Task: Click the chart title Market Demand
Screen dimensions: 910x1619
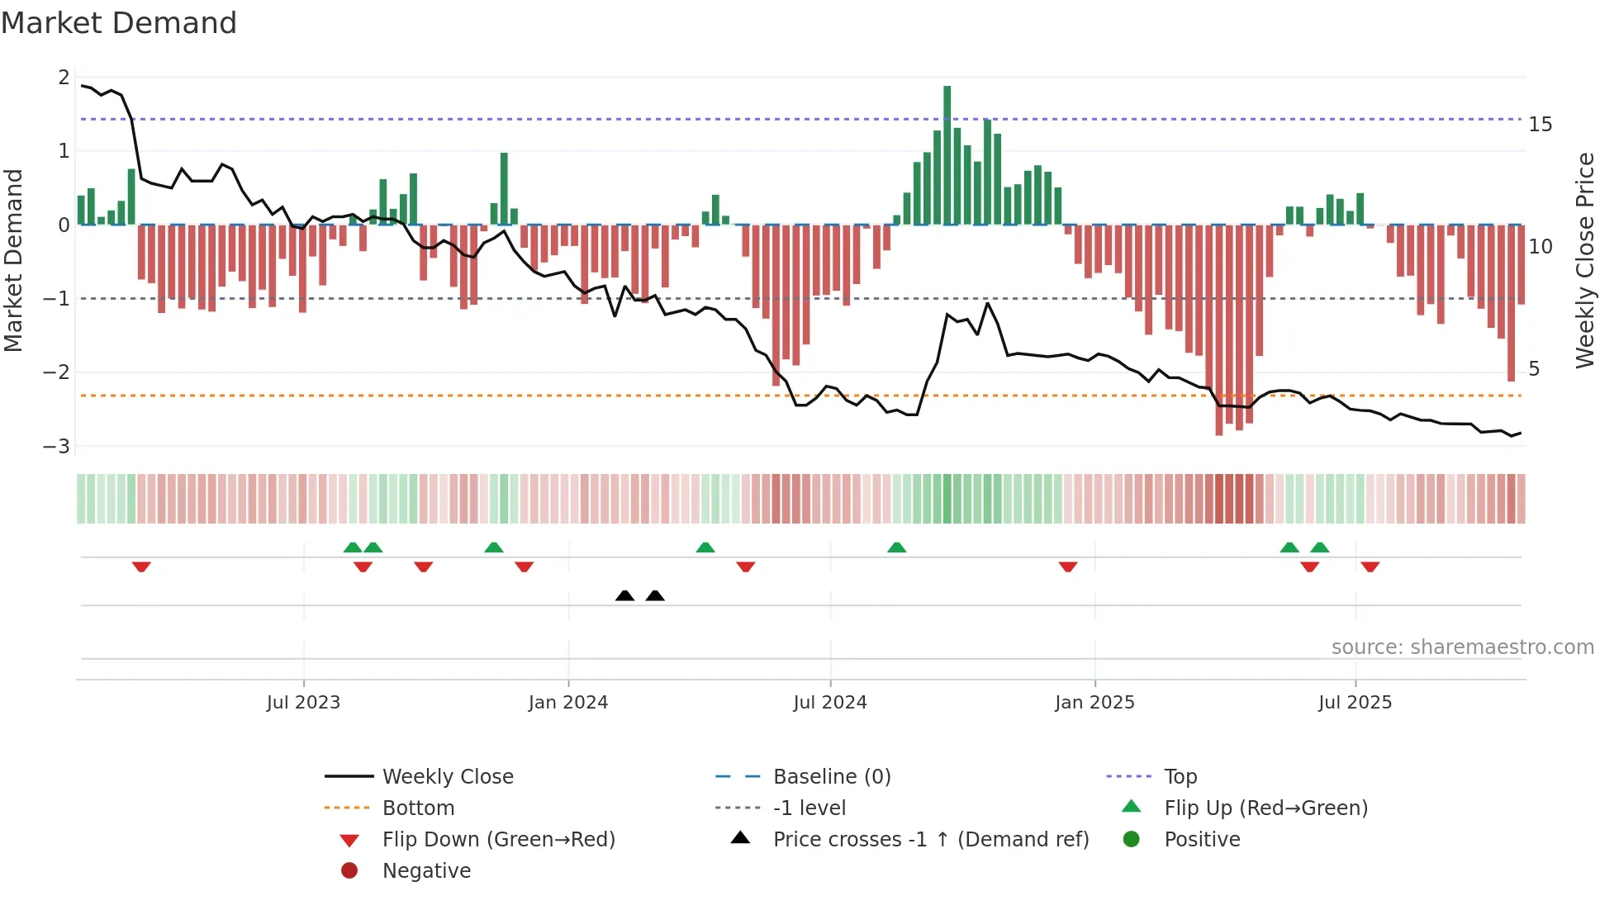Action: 119,23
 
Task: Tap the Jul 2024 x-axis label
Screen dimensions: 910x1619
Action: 829,702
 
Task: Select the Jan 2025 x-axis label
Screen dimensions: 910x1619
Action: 1094,702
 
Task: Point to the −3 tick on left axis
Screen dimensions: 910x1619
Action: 56,446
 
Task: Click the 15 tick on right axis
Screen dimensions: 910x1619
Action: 1540,125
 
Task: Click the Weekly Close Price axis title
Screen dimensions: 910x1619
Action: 1584,260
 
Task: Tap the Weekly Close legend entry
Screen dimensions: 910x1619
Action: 447,776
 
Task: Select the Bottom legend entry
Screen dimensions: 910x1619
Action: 418,808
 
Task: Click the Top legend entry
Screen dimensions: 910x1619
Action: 1180,776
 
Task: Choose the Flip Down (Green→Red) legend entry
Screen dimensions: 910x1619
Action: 498,839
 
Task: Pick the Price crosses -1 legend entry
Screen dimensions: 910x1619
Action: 930,839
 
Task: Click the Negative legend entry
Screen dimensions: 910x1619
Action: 426,870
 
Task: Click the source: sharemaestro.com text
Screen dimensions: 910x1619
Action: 1462,647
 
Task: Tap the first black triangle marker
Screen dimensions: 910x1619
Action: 624,595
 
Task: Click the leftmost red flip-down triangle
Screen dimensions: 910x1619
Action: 141,566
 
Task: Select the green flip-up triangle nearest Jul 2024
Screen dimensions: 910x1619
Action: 896,547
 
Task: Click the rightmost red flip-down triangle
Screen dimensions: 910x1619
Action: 1370,566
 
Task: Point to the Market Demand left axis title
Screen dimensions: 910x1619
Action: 13,260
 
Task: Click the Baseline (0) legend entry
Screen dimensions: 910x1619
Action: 831,776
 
